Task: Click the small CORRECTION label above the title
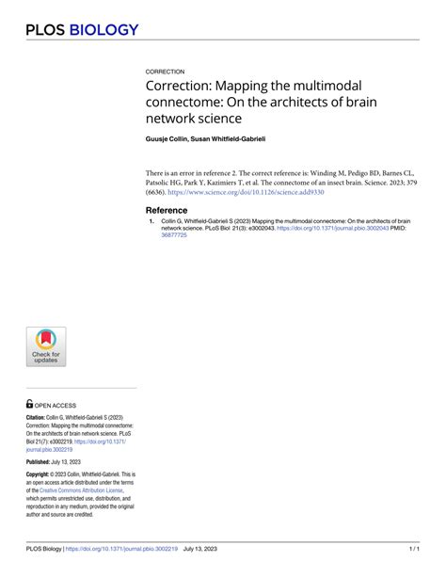click(x=166, y=72)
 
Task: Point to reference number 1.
click(x=151, y=222)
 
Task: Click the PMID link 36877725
click(x=175, y=235)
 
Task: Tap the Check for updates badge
click(x=46, y=347)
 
